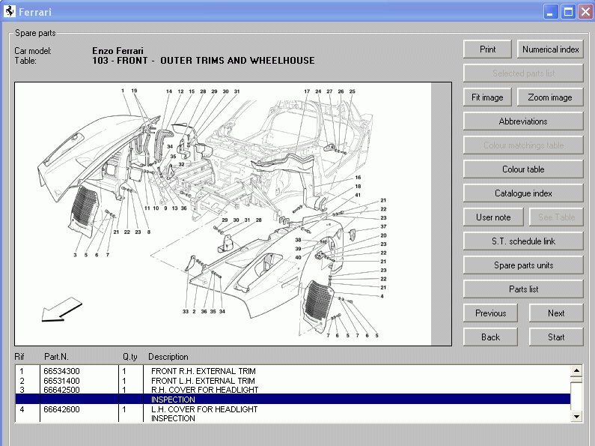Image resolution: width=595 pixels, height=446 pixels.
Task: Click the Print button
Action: [x=487, y=49]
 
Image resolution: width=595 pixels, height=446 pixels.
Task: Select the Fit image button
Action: [x=487, y=97]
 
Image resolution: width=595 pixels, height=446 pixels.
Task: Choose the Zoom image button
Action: [x=550, y=97]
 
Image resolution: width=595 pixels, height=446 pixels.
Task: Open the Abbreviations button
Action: [x=523, y=121]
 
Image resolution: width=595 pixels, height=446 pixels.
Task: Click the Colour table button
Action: [x=523, y=169]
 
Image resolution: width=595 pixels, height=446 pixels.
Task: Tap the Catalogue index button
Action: [x=523, y=193]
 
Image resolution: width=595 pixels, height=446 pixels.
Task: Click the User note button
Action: [x=493, y=217]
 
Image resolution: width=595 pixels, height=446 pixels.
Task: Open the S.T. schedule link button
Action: [x=523, y=241]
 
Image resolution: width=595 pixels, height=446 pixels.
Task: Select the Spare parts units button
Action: [x=523, y=265]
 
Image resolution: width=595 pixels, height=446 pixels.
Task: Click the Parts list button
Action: [x=523, y=289]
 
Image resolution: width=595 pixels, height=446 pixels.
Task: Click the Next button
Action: [x=556, y=313]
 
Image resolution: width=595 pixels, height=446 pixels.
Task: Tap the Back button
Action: [x=490, y=337]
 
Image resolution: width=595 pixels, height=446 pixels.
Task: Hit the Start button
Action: [x=556, y=337]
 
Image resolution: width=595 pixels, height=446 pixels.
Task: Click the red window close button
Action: [x=585, y=12]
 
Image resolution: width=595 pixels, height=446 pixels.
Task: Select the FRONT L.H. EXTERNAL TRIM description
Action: [x=203, y=381]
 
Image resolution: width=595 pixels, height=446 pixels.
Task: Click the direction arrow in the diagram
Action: [x=61, y=309]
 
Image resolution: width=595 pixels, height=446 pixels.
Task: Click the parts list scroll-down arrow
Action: [x=576, y=416]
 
